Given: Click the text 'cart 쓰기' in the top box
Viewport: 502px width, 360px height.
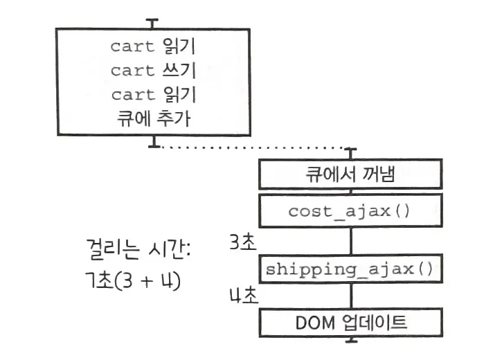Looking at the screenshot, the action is click(x=152, y=70).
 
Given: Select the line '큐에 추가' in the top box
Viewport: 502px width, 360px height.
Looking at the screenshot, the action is click(x=152, y=118).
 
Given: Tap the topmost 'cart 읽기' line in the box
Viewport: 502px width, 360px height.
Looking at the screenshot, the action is click(x=152, y=46).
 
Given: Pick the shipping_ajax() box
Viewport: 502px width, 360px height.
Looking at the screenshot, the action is click(x=350, y=269).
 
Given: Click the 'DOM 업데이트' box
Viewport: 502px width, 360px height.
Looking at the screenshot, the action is click(x=350, y=321).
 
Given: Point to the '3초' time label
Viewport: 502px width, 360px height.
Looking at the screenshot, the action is click(x=242, y=242).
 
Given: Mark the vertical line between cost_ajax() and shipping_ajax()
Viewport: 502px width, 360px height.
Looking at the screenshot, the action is click(x=351, y=239).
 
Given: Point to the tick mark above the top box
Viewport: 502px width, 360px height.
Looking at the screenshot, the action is click(x=153, y=22).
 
